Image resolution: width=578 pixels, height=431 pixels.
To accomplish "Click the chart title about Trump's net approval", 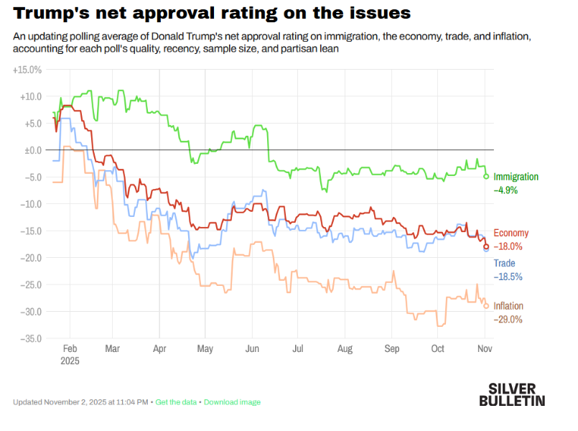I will click(211, 13).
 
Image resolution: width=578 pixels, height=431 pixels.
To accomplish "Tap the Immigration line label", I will click(516, 177).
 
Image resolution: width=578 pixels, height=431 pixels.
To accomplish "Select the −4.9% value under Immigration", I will click(505, 190).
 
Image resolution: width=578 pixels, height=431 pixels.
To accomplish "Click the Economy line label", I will click(511, 233).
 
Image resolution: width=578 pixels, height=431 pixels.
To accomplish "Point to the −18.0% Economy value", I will click(508, 246).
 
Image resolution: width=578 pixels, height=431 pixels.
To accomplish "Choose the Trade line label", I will click(504, 263).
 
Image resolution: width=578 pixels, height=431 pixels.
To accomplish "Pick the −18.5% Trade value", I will click(508, 277).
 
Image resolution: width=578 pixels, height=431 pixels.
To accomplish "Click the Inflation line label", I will click(508, 306).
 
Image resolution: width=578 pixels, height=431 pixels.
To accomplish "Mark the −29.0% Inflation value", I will click(508, 320).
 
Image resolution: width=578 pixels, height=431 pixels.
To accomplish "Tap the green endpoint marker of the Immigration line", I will click(486, 176).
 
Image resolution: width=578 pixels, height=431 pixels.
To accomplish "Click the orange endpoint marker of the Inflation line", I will click(486, 306).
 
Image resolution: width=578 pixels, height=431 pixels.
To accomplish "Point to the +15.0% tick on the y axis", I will click(28, 70).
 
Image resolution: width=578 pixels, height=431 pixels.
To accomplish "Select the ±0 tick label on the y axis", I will click(33, 150).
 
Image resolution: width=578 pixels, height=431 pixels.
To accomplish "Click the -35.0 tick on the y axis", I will click(30, 338).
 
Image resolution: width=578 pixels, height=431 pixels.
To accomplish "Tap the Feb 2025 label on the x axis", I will click(69, 353).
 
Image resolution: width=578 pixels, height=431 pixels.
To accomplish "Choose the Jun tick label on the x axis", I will click(252, 348).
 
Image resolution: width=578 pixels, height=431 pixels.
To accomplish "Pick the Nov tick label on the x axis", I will click(485, 348).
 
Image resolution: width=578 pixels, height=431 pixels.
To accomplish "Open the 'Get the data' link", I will click(176, 402).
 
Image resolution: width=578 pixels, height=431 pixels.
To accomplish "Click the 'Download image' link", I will click(232, 402).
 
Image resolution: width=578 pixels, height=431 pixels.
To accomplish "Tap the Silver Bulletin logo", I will click(511, 394).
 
